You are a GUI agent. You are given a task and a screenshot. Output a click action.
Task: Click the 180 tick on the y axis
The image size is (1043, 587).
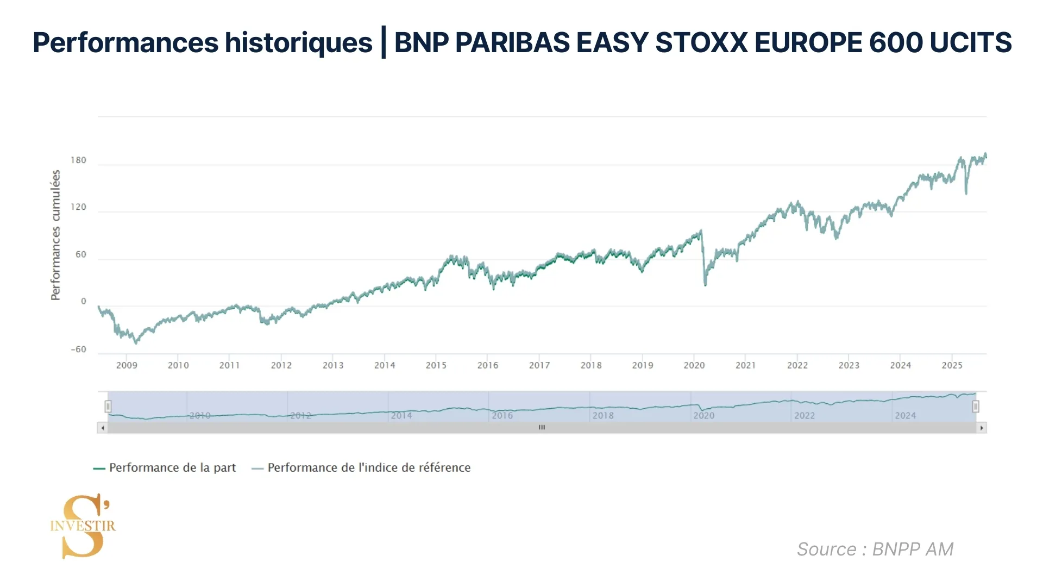78,160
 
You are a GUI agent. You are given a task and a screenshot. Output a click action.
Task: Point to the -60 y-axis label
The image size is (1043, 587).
78,349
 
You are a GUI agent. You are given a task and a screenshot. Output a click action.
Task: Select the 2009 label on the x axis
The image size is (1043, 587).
127,365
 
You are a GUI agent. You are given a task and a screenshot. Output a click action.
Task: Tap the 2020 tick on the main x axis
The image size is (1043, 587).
694,365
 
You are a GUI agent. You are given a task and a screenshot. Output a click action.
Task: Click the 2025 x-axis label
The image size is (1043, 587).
952,365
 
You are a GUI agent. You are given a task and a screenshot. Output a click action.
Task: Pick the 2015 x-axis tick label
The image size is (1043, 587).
436,365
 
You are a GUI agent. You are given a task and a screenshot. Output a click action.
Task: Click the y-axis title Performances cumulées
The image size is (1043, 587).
55,235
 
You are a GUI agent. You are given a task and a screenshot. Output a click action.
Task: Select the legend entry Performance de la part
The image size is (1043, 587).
165,467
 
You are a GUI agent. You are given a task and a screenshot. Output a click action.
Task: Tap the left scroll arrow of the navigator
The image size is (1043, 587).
103,428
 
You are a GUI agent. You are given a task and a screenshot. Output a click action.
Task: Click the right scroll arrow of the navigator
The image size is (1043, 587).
981,428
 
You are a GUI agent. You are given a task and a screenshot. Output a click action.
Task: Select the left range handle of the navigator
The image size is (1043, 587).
108,406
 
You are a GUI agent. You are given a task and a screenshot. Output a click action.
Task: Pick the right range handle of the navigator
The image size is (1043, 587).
976,406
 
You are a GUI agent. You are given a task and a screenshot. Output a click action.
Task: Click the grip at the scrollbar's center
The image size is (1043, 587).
542,428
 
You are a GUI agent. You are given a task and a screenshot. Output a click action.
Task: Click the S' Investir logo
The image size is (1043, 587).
83,526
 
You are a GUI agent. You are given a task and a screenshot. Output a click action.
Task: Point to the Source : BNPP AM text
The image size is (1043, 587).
875,549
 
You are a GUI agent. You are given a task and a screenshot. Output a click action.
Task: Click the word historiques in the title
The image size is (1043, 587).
298,42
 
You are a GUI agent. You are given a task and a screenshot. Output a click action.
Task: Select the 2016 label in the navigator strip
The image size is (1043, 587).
502,415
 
